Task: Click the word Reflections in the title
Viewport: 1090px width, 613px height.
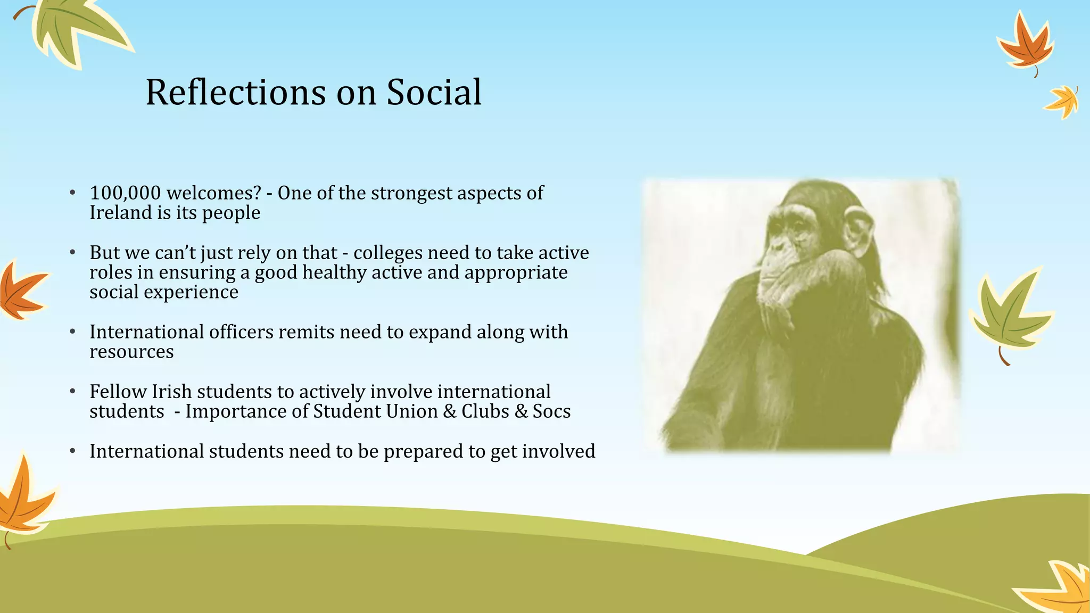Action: click(x=235, y=93)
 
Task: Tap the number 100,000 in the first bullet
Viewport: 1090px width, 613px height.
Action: click(x=125, y=193)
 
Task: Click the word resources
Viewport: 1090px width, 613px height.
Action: click(x=131, y=352)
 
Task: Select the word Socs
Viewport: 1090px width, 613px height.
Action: click(x=551, y=411)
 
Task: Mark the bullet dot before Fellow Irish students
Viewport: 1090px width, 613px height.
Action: click(x=73, y=392)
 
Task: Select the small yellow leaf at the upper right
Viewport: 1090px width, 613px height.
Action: click(x=1063, y=101)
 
